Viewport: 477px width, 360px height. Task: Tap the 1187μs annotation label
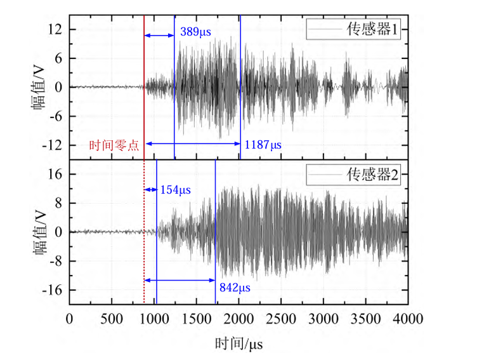click(263, 145)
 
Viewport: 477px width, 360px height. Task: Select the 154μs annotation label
click(175, 189)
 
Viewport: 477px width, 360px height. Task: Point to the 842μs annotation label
click(236, 288)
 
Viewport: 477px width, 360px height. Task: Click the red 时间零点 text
click(117, 145)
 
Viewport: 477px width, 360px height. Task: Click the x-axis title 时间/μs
click(238, 343)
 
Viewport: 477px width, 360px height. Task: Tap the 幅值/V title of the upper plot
click(40, 88)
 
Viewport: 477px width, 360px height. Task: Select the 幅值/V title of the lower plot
click(40, 232)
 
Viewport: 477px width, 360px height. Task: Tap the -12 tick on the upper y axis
click(53, 145)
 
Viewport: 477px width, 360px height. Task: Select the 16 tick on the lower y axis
click(55, 175)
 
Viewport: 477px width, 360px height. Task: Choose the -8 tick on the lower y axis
click(55, 261)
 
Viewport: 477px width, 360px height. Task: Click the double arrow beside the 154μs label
click(150, 189)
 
